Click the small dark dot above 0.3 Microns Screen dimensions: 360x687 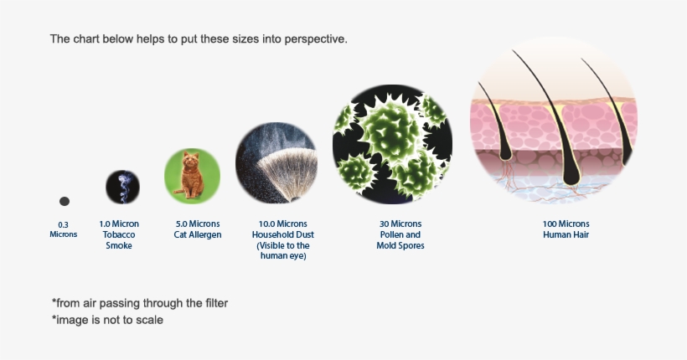(x=65, y=201)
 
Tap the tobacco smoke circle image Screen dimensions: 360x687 (x=122, y=187)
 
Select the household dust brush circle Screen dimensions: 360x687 (x=276, y=163)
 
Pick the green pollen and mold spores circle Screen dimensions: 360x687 (x=392, y=145)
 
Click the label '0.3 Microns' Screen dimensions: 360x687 (x=64, y=229)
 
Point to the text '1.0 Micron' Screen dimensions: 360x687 (x=119, y=224)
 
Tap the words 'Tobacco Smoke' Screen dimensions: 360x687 (x=119, y=240)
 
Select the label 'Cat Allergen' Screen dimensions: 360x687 (x=199, y=235)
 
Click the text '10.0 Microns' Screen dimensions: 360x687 (x=284, y=224)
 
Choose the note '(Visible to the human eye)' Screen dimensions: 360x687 (x=284, y=251)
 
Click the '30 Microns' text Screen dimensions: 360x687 (x=400, y=224)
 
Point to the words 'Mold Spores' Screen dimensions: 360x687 (x=400, y=246)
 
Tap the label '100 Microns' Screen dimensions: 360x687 (x=566, y=224)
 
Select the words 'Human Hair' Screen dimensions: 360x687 (x=566, y=235)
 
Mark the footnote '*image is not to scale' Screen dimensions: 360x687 (x=107, y=320)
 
